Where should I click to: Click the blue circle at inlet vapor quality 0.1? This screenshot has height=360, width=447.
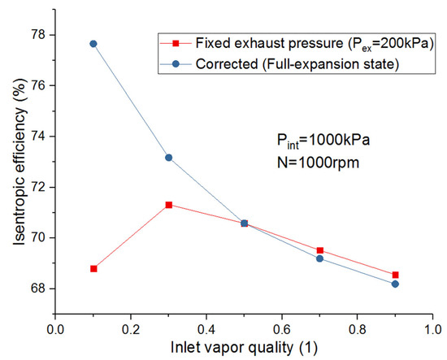pyautogui.click(x=93, y=44)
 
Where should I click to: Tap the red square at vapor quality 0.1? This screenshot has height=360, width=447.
pyautogui.click(x=93, y=268)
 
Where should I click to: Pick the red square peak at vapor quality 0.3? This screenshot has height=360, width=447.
pyautogui.click(x=168, y=205)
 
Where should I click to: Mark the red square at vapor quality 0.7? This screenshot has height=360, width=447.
pyautogui.click(x=320, y=250)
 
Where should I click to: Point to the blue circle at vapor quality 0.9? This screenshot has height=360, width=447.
pyautogui.click(x=396, y=284)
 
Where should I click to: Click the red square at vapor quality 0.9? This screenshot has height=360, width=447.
pyautogui.click(x=396, y=275)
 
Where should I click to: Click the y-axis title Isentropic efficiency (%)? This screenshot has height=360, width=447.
pyautogui.click(x=14, y=163)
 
